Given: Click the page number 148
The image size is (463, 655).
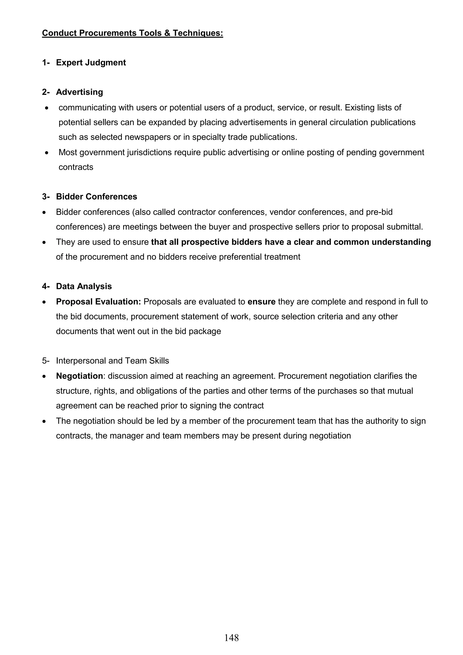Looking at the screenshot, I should click(231, 637).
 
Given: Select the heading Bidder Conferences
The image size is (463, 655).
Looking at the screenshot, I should click(97, 196).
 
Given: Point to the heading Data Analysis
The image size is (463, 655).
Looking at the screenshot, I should click(84, 286).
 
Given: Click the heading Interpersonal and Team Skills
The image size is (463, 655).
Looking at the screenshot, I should click(112, 361).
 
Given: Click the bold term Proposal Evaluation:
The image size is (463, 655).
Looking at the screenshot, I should click(98, 302).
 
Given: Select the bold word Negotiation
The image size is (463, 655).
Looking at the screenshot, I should click(79, 376).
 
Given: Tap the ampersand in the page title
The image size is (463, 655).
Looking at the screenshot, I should click(167, 33).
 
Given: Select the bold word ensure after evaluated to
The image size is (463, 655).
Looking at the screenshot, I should click(261, 302).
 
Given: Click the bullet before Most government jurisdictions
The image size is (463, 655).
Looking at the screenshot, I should click(47, 153).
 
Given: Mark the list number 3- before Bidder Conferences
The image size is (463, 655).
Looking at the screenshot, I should click(46, 196).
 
